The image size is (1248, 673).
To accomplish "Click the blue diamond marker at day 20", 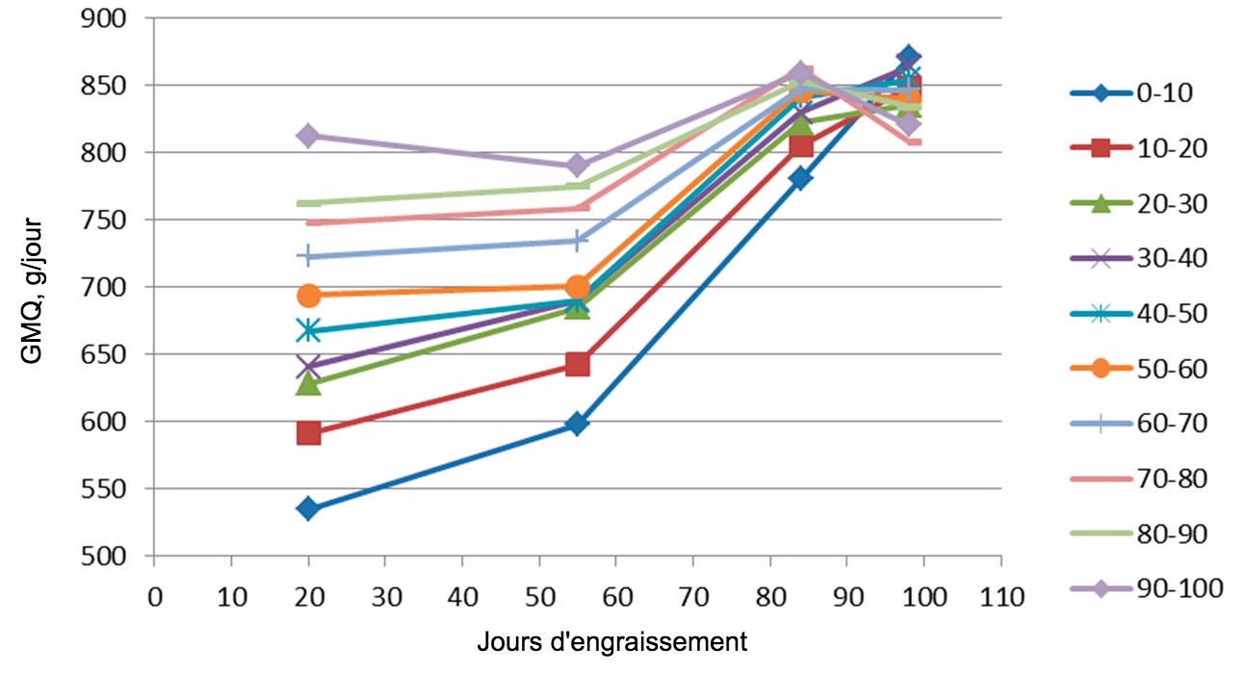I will (308, 508).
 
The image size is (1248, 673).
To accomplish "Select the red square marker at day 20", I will (308, 433).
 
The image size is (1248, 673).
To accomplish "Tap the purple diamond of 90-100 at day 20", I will (308, 136).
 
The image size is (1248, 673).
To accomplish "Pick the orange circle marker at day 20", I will (308, 295).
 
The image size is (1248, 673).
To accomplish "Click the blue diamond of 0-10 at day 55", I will (577, 424).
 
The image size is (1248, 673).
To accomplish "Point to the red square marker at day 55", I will (577, 364).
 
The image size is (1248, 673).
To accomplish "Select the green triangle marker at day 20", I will (308, 383).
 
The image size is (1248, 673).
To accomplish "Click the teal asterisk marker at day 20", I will (308, 330).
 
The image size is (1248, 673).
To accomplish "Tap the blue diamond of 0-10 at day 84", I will (800, 178).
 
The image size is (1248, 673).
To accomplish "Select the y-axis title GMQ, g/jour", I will (33, 286).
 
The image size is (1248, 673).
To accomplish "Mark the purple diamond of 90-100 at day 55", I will (577, 166).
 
